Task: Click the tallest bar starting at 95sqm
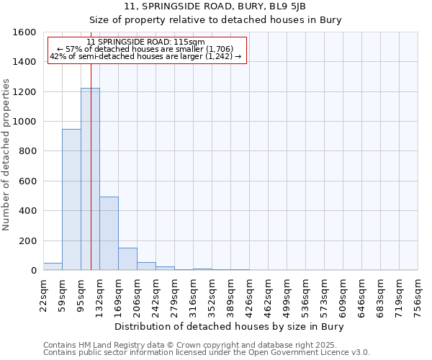(90, 180)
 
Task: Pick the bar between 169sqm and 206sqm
(127, 259)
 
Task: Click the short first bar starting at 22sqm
(53, 266)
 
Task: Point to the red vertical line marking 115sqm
(91, 144)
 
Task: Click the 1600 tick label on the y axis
(25, 32)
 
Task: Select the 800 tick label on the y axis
(28, 151)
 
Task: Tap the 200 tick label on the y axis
(28, 240)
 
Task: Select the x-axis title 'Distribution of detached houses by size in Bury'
(230, 327)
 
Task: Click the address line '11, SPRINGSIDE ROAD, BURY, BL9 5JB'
(215, 6)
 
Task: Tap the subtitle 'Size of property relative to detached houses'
(215, 20)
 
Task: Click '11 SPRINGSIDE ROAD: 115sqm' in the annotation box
(145, 42)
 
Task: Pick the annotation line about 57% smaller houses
(145, 50)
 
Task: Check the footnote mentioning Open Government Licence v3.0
(207, 353)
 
